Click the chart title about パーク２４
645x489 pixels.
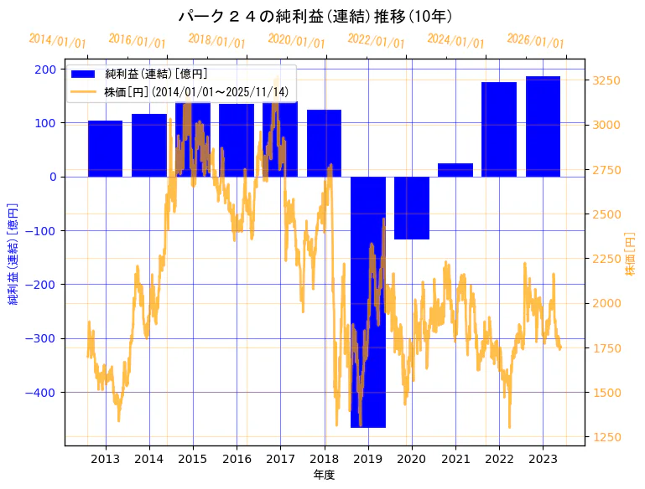[322, 16]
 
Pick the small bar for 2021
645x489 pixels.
[455, 170]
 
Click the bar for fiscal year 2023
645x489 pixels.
[543, 126]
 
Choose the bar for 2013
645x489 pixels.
[105, 149]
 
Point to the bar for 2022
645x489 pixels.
[499, 130]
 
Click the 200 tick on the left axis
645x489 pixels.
[46, 69]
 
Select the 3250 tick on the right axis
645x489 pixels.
[606, 80]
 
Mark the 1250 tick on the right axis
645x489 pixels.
[606, 437]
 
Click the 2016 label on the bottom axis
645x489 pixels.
[237, 459]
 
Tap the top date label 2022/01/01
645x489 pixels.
[376, 40]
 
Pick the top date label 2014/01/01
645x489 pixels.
[57, 40]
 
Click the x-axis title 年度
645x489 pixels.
[324, 475]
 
